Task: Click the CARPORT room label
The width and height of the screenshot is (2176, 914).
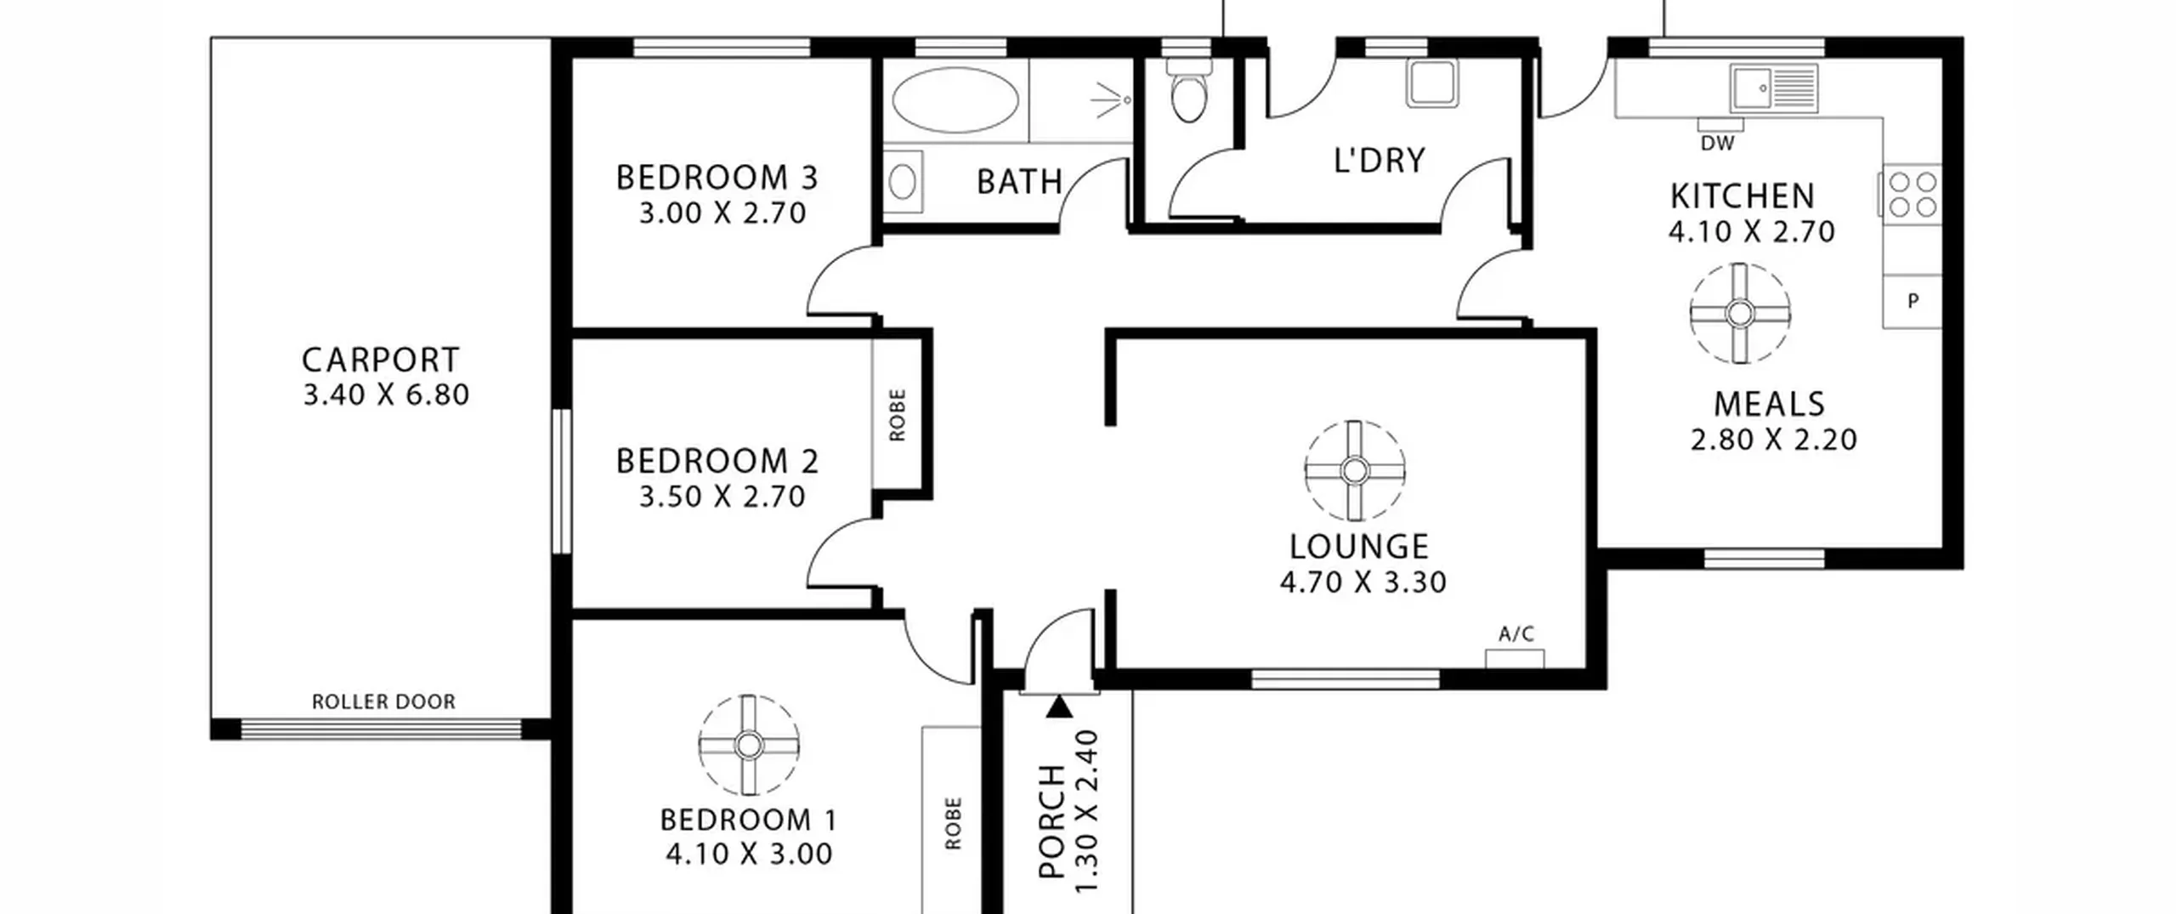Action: point(381,360)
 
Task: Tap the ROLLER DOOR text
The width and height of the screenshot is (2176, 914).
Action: point(383,701)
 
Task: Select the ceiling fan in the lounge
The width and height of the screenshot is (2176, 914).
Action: point(1355,470)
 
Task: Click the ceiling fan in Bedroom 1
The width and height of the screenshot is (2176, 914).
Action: point(749,746)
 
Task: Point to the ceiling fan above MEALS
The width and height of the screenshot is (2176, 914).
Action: point(1740,314)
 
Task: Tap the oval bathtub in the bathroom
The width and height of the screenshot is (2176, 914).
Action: point(955,100)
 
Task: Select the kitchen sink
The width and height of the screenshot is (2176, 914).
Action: point(1774,88)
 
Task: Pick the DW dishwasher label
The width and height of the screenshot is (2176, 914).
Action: point(1717,144)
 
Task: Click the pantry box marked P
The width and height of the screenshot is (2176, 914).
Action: point(1912,301)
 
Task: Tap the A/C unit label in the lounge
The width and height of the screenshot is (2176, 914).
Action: point(1516,633)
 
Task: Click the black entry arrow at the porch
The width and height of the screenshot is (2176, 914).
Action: point(1058,707)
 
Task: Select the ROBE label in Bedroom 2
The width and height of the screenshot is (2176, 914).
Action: point(898,415)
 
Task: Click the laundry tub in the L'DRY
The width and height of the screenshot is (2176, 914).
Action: point(1431,83)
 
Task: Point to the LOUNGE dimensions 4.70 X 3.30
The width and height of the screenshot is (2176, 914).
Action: point(1363,582)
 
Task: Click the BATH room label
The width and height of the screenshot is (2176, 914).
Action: point(1019,182)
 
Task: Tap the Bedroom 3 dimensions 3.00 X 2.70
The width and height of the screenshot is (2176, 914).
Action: point(722,213)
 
